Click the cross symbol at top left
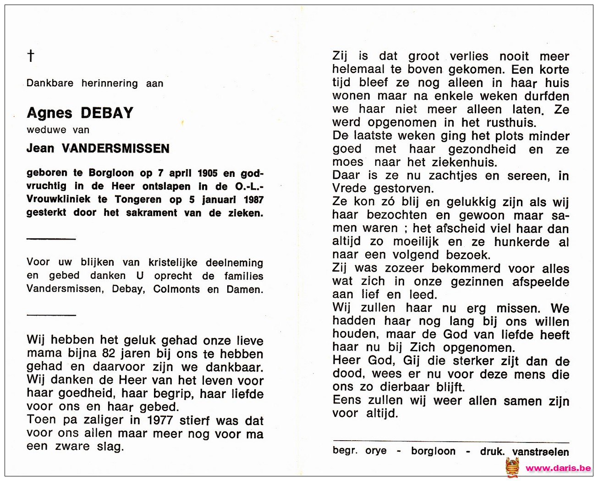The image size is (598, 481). [31, 56]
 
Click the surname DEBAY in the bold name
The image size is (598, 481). [107, 113]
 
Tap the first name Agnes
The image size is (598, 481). [49, 113]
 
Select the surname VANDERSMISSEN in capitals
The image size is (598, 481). [115, 148]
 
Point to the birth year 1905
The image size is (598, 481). [208, 173]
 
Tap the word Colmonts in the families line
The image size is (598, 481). [176, 289]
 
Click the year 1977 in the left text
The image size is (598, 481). [160, 420]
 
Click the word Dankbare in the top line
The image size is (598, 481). [49, 83]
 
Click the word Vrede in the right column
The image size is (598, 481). [349, 189]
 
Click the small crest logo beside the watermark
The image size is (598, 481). [512, 467]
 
